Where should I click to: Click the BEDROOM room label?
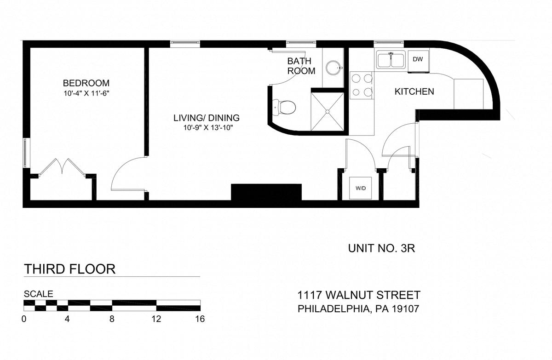click(x=86, y=83)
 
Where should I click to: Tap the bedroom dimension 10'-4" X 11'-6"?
click(x=86, y=94)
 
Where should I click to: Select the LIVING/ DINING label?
click(x=207, y=118)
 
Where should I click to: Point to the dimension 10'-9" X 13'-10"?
click(x=208, y=128)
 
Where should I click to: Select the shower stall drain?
click(x=328, y=112)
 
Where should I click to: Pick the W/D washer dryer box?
click(x=361, y=188)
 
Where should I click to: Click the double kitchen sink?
click(x=391, y=60)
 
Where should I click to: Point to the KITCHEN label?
click(x=414, y=91)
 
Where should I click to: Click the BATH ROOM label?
click(x=301, y=66)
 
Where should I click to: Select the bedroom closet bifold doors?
click(x=62, y=166)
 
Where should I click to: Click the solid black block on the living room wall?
click(x=266, y=192)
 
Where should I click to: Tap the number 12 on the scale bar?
click(x=156, y=319)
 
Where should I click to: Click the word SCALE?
click(x=39, y=294)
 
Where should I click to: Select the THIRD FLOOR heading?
click(x=70, y=269)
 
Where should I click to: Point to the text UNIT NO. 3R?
click(x=381, y=248)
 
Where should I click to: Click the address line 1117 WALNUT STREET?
click(x=359, y=295)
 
